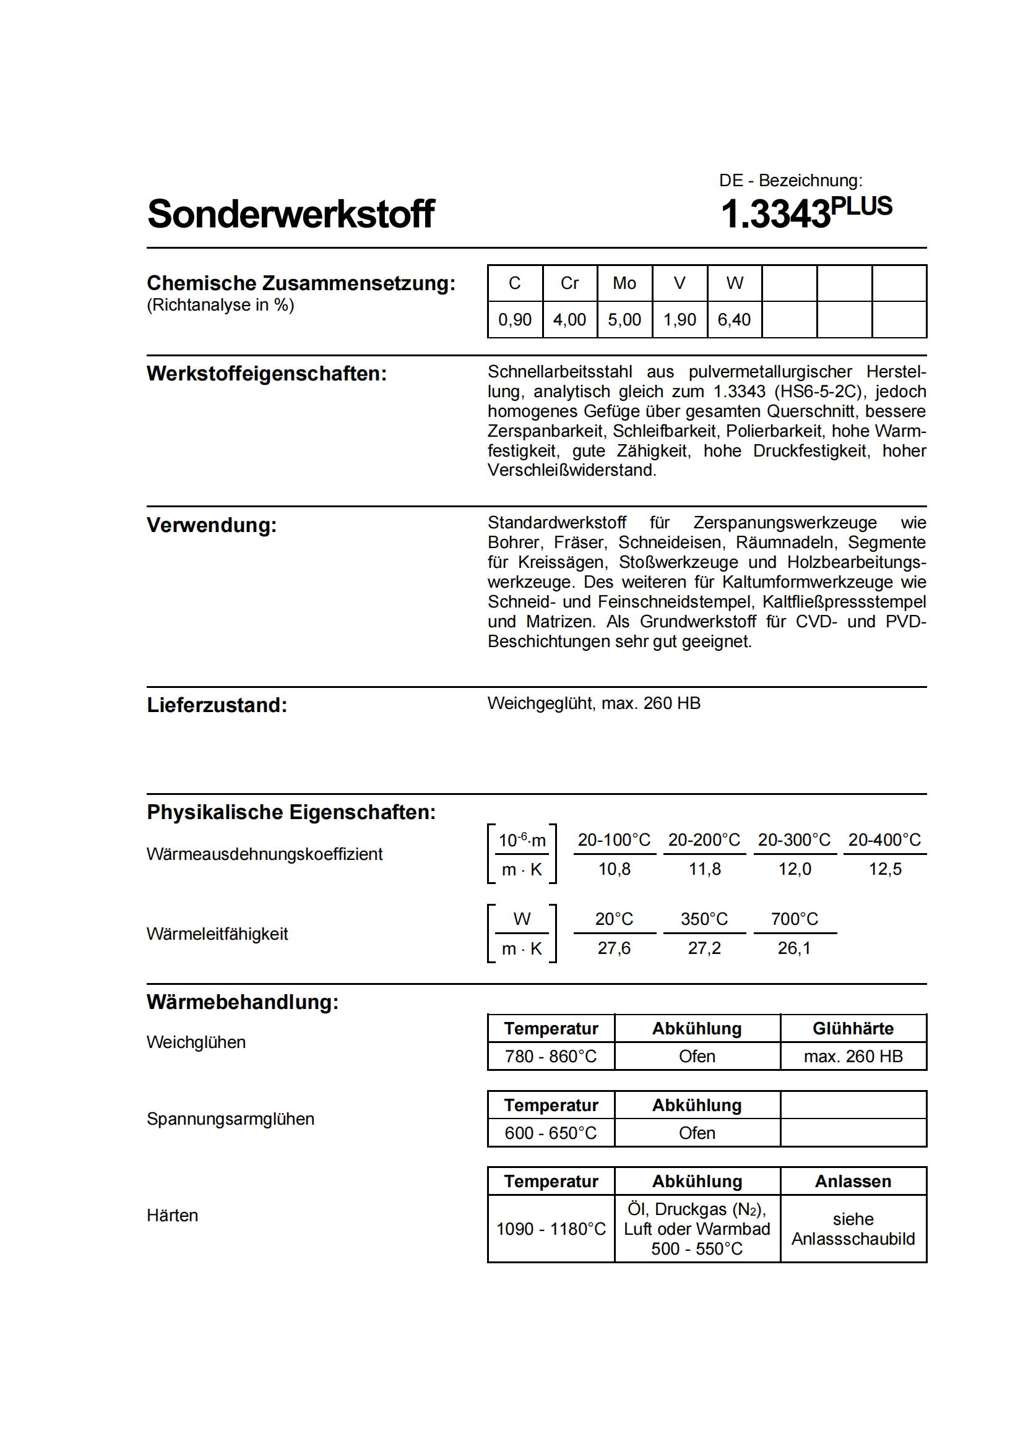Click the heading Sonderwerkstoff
pos(291,213)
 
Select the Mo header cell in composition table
pos(624,283)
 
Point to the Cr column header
pos(569,283)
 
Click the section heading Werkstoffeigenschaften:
pos(267,374)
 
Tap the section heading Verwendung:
pos(212,525)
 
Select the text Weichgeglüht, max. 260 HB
pos(594,703)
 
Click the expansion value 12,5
pos(885,869)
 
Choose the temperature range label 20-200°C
pos(704,840)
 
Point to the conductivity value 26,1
pos(794,948)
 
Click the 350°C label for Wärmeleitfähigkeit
pos(704,919)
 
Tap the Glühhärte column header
pos(853,1029)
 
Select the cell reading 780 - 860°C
pos(551,1056)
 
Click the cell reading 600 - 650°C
pos(551,1133)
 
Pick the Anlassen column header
pos(853,1181)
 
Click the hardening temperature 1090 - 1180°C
pos(551,1229)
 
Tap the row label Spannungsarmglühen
pos(231,1119)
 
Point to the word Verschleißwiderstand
pos(572,470)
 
